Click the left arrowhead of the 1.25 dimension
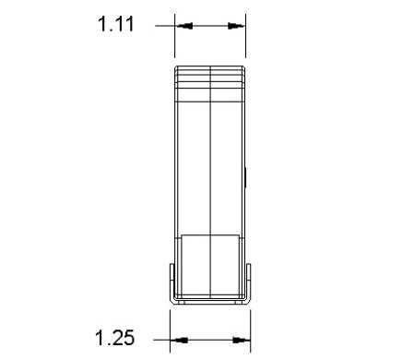click(x=180, y=341)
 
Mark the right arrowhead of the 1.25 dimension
click(x=242, y=341)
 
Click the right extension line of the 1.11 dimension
click(x=245, y=33)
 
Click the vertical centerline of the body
click(x=211, y=166)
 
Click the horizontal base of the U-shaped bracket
click(x=210, y=301)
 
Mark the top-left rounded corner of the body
click(x=178, y=69)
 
